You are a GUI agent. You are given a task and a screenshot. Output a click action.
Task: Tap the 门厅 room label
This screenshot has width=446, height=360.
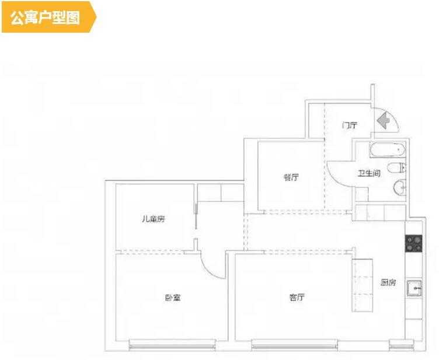click(349, 125)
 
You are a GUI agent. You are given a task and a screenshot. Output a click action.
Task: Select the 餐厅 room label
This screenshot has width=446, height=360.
click(291, 177)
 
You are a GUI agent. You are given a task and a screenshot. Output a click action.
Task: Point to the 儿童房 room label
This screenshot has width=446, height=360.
click(153, 219)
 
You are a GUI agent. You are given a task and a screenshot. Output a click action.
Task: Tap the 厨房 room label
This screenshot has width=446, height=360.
click(388, 283)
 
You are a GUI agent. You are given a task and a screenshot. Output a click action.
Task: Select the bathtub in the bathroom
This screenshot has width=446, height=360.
click(386, 150)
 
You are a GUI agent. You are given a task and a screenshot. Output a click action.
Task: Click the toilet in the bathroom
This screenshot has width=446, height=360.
click(397, 169)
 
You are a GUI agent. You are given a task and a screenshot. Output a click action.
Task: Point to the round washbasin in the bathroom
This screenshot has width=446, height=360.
click(400, 187)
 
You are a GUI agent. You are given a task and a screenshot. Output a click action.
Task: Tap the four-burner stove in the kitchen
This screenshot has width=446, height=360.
click(413, 243)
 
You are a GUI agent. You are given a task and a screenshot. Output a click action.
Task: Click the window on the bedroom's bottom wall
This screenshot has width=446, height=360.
click(173, 345)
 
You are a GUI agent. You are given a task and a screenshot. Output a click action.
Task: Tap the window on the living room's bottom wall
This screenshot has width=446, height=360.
click(297, 345)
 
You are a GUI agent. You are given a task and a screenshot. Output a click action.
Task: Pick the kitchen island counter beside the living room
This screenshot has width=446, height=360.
click(364, 286)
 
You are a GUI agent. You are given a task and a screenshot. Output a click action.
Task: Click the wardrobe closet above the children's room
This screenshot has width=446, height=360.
click(220, 193)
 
